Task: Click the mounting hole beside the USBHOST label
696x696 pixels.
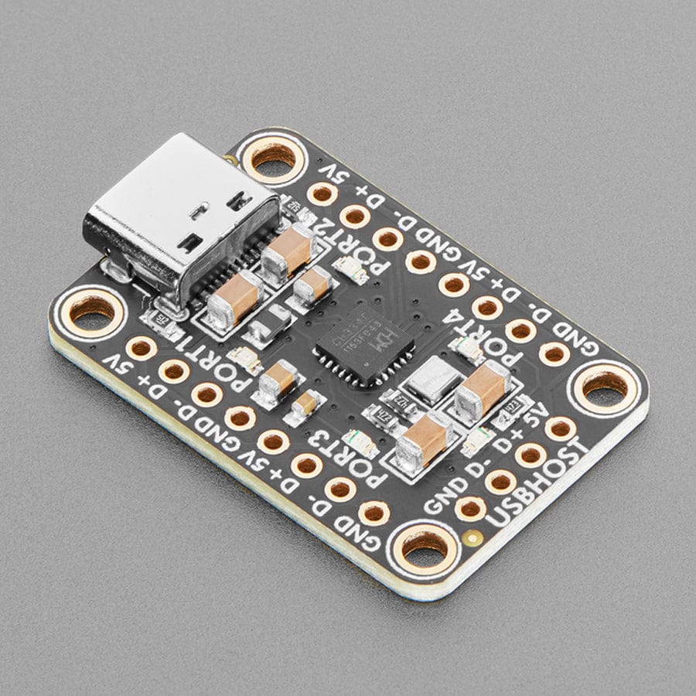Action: coord(424,546)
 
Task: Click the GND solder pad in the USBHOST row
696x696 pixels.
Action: coord(471,508)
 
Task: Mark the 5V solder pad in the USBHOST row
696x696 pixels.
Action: coord(560,428)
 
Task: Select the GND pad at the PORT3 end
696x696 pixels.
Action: coord(374,512)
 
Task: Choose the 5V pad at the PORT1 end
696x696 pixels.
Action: coord(141,348)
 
